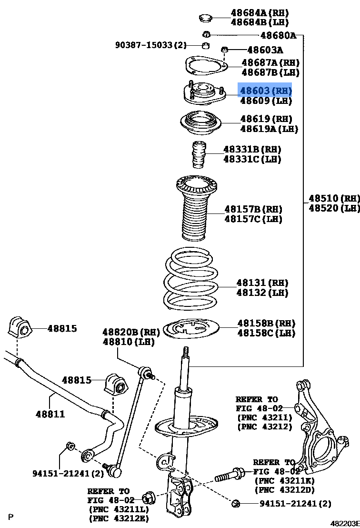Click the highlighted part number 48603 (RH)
pyautogui.click(x=265, y=90)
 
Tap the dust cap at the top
pyautogui.click(x=205, y=19)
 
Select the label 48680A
pyautogui.click(x=278, y=35)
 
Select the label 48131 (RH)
pyautogui.click(x=262, y=283)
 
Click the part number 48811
pyautogui.click(x=50, y=414)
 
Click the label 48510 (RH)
pyautogui.click(x=334, y=198)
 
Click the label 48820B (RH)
pyautogui.click(x=124, y=332)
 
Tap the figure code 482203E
pyautogui.click(x=345, y=523)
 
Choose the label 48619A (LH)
pyautogui.click(x=269, y=129)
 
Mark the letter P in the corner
pyautogui.click(x=10, y=517)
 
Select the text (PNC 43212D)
pyautogui.click(x=284, y=490)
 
